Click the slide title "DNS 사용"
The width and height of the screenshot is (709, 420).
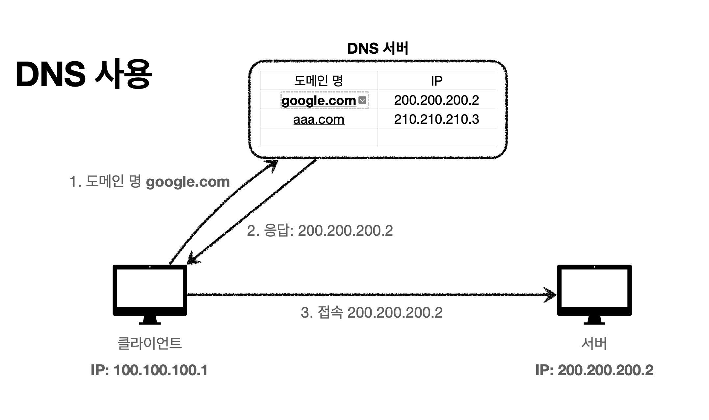[x=84, y=74]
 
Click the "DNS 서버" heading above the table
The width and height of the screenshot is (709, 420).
[x=378, y=49]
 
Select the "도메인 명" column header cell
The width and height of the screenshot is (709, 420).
[x=319, y=81]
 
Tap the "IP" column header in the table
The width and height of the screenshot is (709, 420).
[x=436, y=81]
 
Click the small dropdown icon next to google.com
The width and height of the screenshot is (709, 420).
[x=362, y=100]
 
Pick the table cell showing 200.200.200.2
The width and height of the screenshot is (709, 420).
[x=436, y=100]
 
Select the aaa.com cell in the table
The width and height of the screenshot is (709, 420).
[x=319, y=119]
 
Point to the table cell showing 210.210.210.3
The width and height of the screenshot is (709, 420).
[x=436, y=119]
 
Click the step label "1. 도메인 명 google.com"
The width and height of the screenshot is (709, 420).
[x=149, y=182]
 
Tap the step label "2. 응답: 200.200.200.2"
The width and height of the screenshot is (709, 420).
[x=320, y=231]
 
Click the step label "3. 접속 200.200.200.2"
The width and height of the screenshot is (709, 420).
[x=372, y=312]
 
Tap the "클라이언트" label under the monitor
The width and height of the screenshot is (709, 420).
[x=149, y=343]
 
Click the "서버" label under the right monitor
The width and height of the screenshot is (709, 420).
[x=594, y=343]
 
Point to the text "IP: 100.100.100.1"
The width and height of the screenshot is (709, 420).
[x=149, y=370]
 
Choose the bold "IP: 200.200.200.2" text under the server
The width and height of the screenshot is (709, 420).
[x=594, y=370]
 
